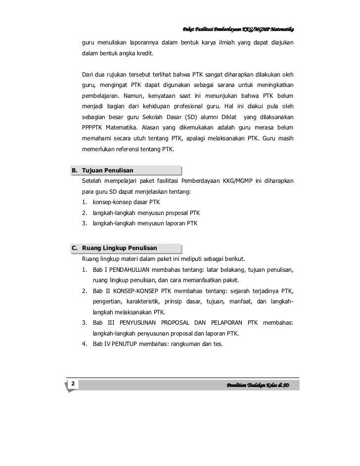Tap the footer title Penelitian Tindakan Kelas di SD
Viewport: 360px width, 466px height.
click(x=257, y=385)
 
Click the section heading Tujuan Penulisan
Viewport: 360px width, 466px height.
click(x=107, y=170)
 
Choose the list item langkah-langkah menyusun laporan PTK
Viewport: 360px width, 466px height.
click(x=145, y=223)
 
